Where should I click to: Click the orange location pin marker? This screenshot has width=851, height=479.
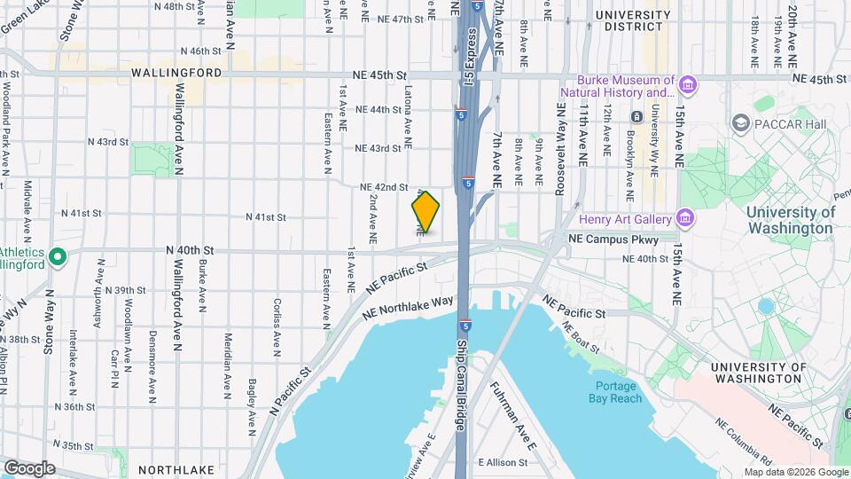point(425,212)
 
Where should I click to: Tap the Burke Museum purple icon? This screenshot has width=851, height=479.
point(689,85)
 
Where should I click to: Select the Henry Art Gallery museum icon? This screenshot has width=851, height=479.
point(683,218)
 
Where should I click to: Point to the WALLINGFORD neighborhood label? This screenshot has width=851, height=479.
point(176,74)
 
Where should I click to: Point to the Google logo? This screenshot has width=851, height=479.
point(28,467)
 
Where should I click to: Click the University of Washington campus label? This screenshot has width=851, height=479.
point(790,220)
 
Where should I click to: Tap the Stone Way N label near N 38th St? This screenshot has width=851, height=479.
point(51,320)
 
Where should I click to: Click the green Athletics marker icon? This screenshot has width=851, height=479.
point(59,258)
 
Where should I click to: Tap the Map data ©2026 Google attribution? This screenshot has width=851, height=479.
point(795,472)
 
